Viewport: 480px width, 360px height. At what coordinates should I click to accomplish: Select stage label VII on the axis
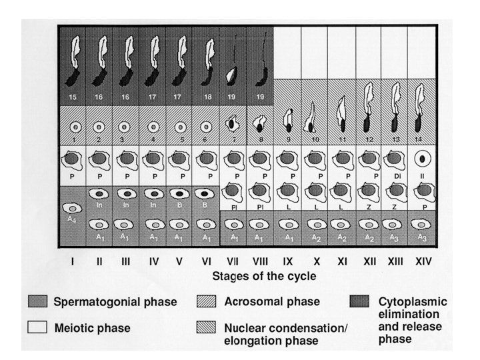(x=233, y=262)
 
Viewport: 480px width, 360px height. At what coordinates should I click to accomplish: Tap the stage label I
(x=72, y=262)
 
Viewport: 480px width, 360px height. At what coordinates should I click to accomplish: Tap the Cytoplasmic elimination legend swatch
(x=362, y=302)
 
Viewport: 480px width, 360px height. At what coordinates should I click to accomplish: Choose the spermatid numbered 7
(x=233, y=123)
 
